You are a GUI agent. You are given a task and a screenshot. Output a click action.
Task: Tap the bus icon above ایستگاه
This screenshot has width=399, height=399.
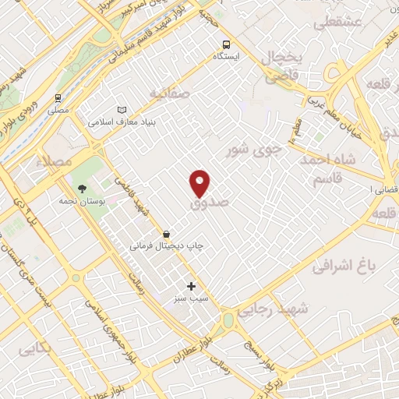[x=226, y=44]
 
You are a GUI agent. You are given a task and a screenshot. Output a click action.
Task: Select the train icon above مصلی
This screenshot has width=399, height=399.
[x=58, y=99]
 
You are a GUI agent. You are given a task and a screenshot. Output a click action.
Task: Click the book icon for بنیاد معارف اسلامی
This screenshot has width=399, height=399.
[x=120, y=111]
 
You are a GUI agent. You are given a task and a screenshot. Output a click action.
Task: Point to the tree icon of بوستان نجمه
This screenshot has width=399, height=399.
[x=81, y=189]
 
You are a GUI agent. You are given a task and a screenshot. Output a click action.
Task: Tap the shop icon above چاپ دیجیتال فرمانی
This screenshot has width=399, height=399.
[x=166, y=233]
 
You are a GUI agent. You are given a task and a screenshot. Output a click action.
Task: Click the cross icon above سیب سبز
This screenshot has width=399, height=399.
[x=191, y=286]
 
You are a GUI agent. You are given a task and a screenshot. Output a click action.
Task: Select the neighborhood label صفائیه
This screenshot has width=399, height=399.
[x=170, y=94]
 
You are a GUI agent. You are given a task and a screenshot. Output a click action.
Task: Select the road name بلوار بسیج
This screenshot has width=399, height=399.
[x=256, y=344]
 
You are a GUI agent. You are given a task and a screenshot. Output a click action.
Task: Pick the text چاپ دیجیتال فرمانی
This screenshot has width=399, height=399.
[x=166, y=245]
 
